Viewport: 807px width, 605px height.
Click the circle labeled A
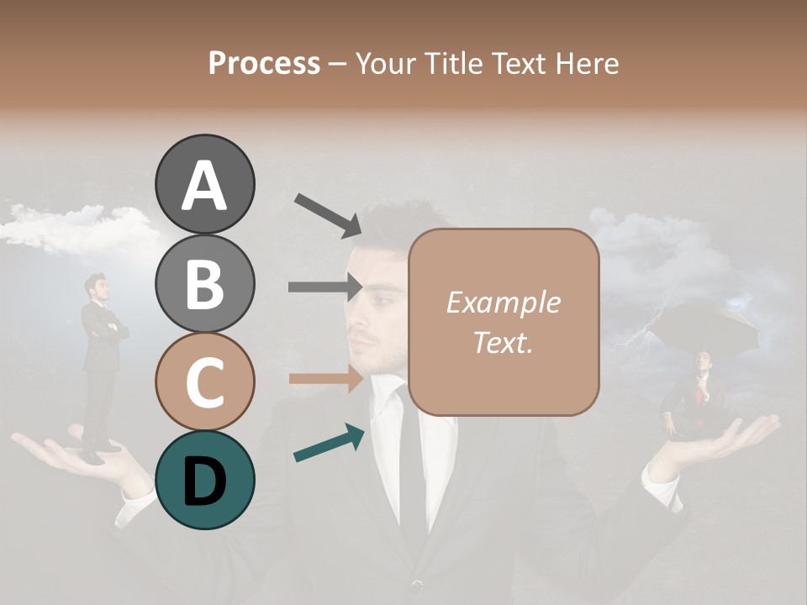pyautogui.click(x=204, y=184)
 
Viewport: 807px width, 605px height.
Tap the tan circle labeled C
pyautogui.click(x=204, y=381)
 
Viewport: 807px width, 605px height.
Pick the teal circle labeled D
pyautogui.click(x=204, y=480)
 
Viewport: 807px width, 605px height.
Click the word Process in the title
pyautogui.click(x=264, y=63)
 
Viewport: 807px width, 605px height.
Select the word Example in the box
pyautogui.click(x=503, y=303)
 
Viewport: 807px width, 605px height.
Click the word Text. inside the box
pyautogui.click(x=503, y=342)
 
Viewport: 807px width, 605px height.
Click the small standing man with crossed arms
pyautogui.click(x=101, y=361)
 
